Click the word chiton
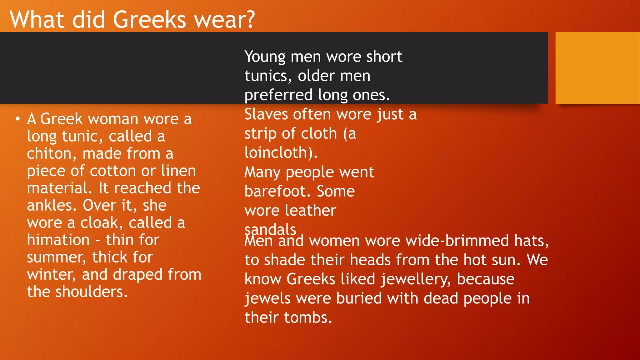pyautogui.click(x=50, y=154)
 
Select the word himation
pyautogui.click(x=58, y=240)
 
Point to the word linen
pyautogui.click(x=178, y=171)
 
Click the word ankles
pyautogui.click(x=52, y=206)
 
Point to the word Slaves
pyautogui.click(x=266, y=114)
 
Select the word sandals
pyautogui.click(x=270, y=230)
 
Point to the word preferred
pyautogui.click(x=278, y=95)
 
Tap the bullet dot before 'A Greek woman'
pyautogui.click(x=18, y=119)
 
